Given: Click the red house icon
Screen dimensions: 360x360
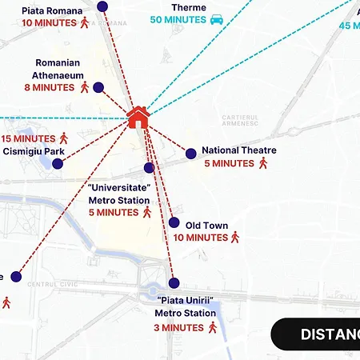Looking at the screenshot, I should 138,118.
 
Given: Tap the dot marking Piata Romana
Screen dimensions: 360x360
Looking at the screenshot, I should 102,6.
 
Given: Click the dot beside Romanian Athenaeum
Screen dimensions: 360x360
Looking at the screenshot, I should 98,87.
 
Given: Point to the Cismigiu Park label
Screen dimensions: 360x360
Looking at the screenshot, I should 34,151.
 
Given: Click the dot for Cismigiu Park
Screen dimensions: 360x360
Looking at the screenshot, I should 58,164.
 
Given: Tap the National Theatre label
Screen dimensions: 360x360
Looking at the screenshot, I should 238,150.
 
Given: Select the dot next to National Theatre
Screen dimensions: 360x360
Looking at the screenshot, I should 191,154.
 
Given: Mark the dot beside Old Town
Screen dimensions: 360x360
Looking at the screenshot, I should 174,223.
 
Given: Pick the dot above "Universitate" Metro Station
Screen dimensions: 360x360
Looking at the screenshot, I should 149,167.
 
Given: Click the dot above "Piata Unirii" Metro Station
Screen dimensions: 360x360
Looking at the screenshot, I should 174,282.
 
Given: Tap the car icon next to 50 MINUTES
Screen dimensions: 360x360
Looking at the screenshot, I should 216,19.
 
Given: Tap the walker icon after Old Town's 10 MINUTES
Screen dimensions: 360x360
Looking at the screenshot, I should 235,238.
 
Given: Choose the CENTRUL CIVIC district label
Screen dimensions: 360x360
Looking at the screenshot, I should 48,285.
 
